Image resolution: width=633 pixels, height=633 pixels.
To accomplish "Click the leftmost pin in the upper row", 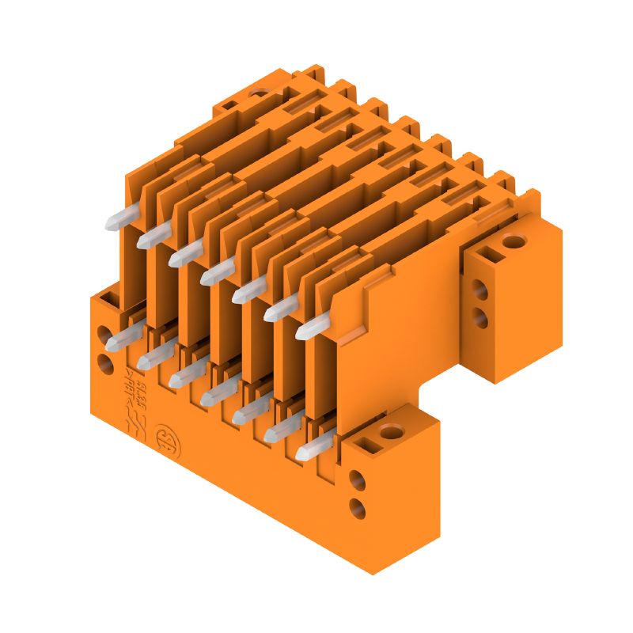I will click(x=116, y=220).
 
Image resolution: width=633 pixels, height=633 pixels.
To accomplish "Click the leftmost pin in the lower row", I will click(x=116, y=339).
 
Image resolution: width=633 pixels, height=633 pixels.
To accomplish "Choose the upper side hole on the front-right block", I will click(x=357, y=479).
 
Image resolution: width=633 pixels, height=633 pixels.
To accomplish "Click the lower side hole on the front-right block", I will click(x=357, y=504).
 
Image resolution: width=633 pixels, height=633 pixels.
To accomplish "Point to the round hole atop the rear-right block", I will click(x=514, y=241).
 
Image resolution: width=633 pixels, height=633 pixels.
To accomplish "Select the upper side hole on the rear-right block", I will click(x=479, y=286).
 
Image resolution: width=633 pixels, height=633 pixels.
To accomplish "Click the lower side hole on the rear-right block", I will click(x=479, y=316).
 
